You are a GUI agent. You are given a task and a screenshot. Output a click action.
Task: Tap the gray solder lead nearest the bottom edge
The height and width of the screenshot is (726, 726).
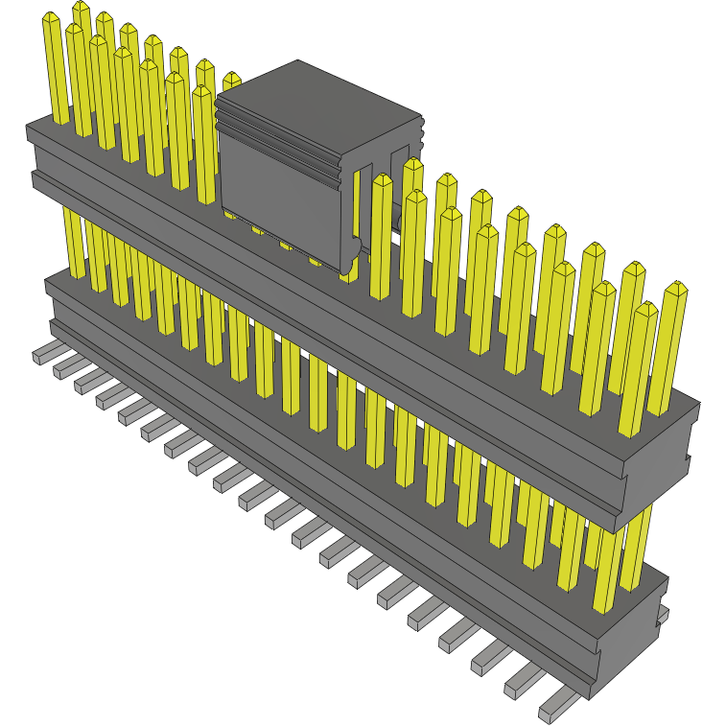tap(553, 710)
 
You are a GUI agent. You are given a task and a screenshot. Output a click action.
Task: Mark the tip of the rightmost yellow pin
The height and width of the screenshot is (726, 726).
tap(677, 287)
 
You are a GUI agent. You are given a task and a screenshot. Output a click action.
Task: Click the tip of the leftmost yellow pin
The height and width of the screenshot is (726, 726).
tap(51, 19)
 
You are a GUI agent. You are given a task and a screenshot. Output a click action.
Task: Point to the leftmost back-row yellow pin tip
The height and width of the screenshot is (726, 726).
tap(82, 8)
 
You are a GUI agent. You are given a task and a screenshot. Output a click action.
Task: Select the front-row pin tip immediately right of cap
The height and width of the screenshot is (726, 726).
tap(382, 179)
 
